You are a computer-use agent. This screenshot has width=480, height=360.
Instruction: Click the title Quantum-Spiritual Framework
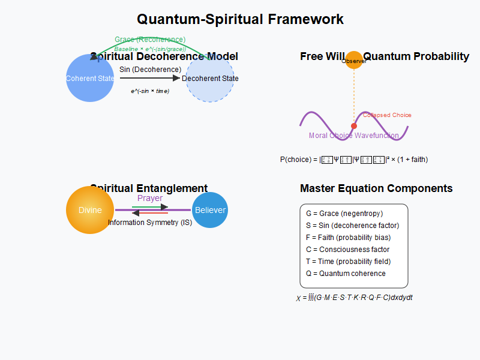pyautogui.click(x=240, y=19)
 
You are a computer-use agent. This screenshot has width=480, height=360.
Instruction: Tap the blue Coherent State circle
pyautogui.click(x=90, y=78)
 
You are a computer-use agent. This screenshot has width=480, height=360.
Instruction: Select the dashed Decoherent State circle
pyautogui.click(x=210, y=78)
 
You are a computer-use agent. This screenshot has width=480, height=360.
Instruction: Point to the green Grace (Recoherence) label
pyautogui.click(x=150, y=40)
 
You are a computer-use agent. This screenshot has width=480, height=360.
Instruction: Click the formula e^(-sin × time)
pyautogui.click(x=150, y=91)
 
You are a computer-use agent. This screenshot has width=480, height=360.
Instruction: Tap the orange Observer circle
pyautogui.click(x=354, y=60)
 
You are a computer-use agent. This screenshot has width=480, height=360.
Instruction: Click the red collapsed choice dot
pyautogui.click(x=354, y=125)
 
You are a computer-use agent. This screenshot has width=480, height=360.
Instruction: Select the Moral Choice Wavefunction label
pyautogui.click(x=354, y=136)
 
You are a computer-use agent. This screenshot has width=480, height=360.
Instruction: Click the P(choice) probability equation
pyautogui.click(x=354, y=160)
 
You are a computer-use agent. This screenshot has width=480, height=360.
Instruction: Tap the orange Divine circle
pyautogui.click(x=90, y=210)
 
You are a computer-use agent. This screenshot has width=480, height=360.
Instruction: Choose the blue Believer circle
pyautogui.click(x=210, y=210)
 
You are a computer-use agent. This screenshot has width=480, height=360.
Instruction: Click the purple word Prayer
pyautogui.click(x=150, y=199)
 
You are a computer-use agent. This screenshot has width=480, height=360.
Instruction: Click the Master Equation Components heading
pyautogui.click(x=376, y=188)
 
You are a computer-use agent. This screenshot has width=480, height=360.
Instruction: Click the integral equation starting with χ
pyautogui.click(x=354, y=298)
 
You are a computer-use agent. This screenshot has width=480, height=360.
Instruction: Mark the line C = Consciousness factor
pyautogui.click(x=347, y=250)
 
